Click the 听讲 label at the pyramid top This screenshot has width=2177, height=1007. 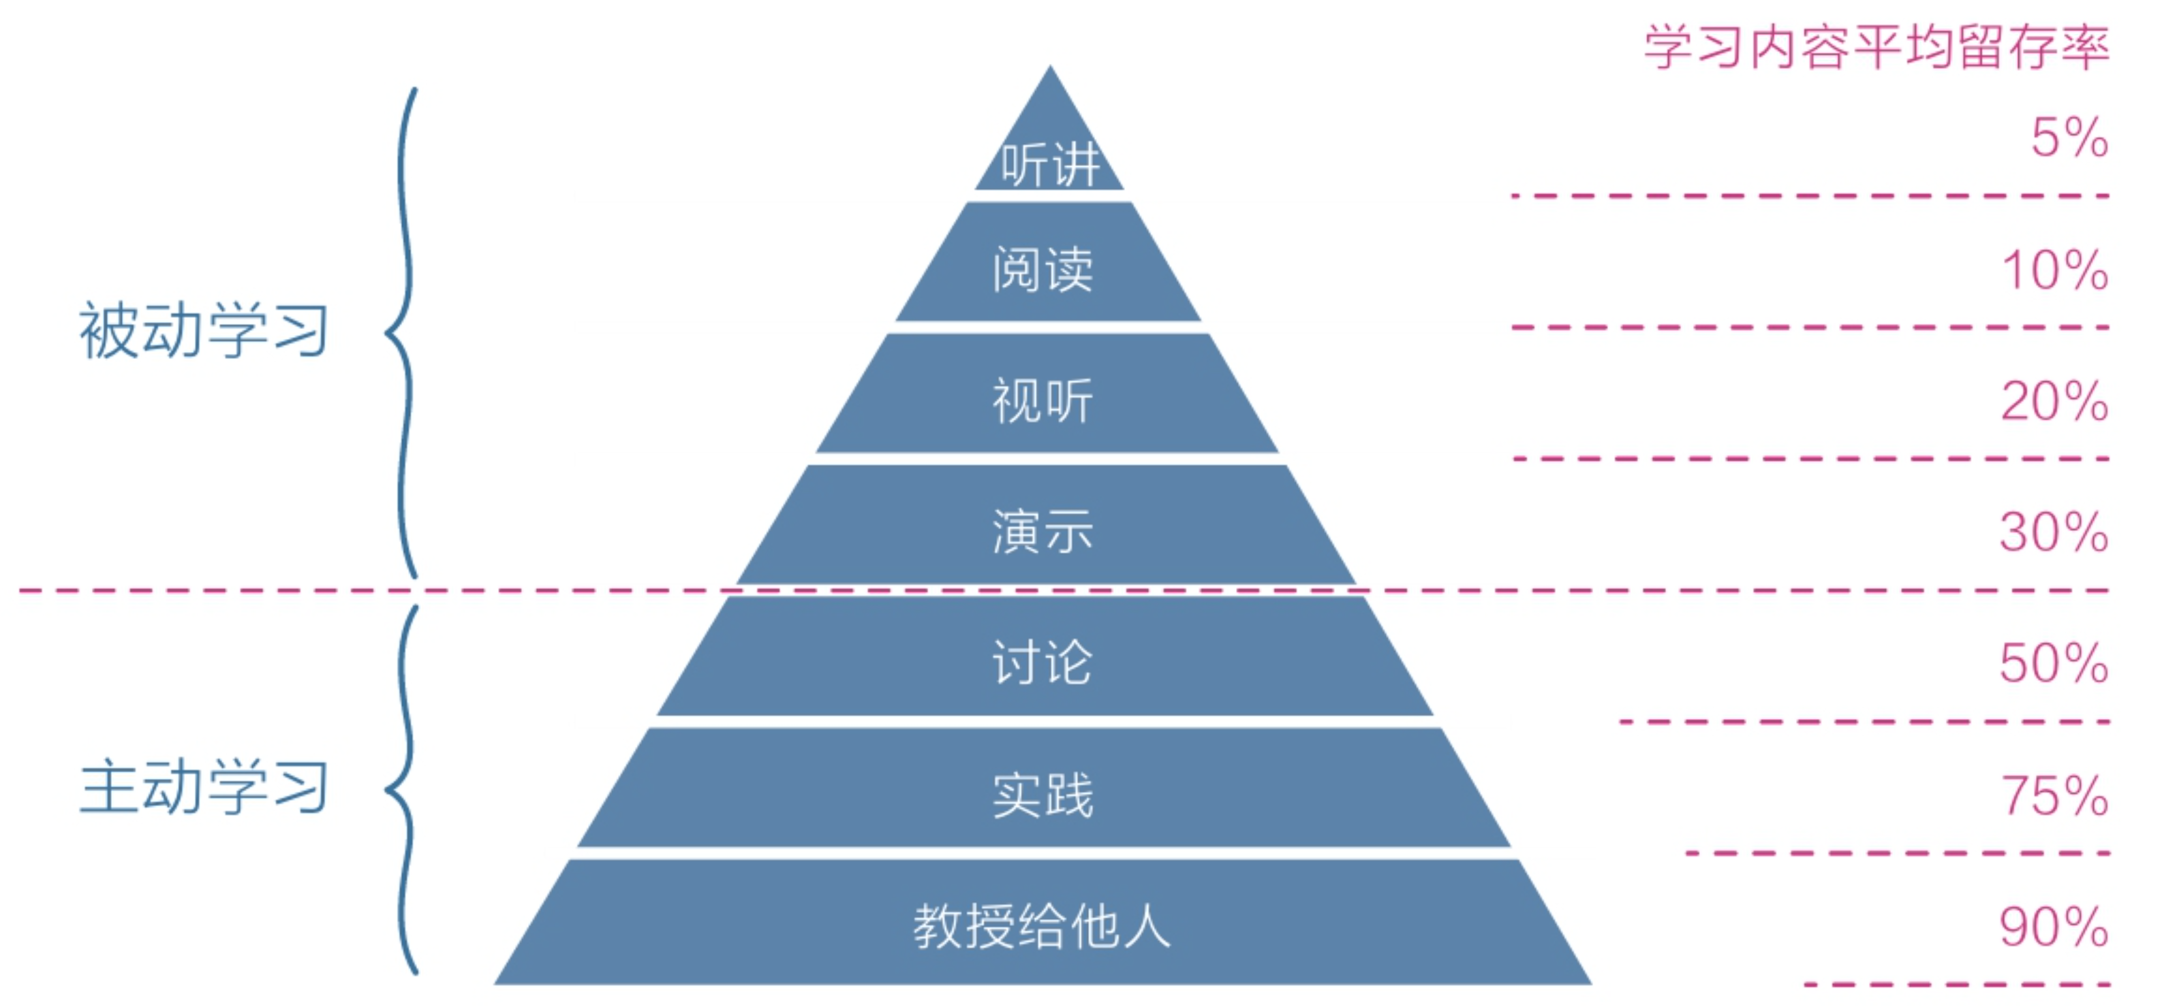tap(1049, 164)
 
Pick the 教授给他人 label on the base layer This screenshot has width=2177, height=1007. tap(1041, 926)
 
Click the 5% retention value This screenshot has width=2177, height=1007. tap(2069, 138)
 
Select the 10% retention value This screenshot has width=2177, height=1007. tap(2054, 270)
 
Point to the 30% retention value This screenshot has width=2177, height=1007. tap(2054, 532)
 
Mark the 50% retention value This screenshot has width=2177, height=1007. tap(2054, 663)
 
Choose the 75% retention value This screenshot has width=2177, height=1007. tap(2054, 796)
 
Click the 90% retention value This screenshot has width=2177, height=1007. tap(2054, 927)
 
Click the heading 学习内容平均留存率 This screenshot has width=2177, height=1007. tap(1876, 47)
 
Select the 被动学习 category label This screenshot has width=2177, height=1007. tap(204, 330)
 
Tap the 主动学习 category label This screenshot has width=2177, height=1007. tap(204, 787)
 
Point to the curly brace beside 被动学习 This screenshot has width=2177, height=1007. tap(404, 331)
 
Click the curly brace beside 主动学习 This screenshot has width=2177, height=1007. tap(404, 790)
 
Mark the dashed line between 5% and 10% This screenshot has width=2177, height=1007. tap(1808, 196)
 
